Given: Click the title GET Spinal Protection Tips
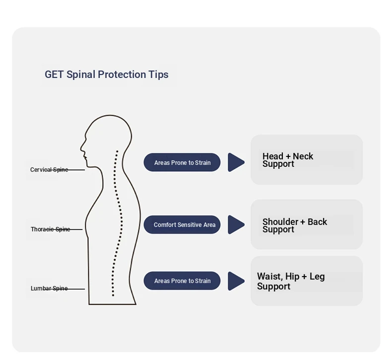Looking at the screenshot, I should coord(107,74).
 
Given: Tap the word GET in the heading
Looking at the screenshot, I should coord(54,74).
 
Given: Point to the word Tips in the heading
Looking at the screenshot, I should coord(158,74).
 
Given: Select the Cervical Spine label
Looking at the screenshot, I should coord(49,170).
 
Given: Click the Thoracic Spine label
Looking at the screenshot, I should coord(50,229).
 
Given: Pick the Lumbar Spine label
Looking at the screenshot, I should coord(49,288).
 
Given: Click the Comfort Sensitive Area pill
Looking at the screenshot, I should coord(182,225).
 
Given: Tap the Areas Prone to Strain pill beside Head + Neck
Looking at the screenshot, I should coord(182,162).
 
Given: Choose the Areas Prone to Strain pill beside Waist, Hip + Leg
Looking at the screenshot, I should coord(182,281).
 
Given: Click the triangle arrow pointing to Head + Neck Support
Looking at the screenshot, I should coord(236,162).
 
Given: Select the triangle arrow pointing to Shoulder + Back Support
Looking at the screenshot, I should coord(236,225).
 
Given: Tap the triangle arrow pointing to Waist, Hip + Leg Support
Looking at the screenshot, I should coord(236,281).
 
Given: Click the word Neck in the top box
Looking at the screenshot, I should coord(303,156).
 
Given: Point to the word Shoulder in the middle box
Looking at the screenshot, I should coord(280,222).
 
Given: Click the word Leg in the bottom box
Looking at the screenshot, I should coord(317,277).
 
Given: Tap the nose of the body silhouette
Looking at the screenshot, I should coord(82,147).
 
